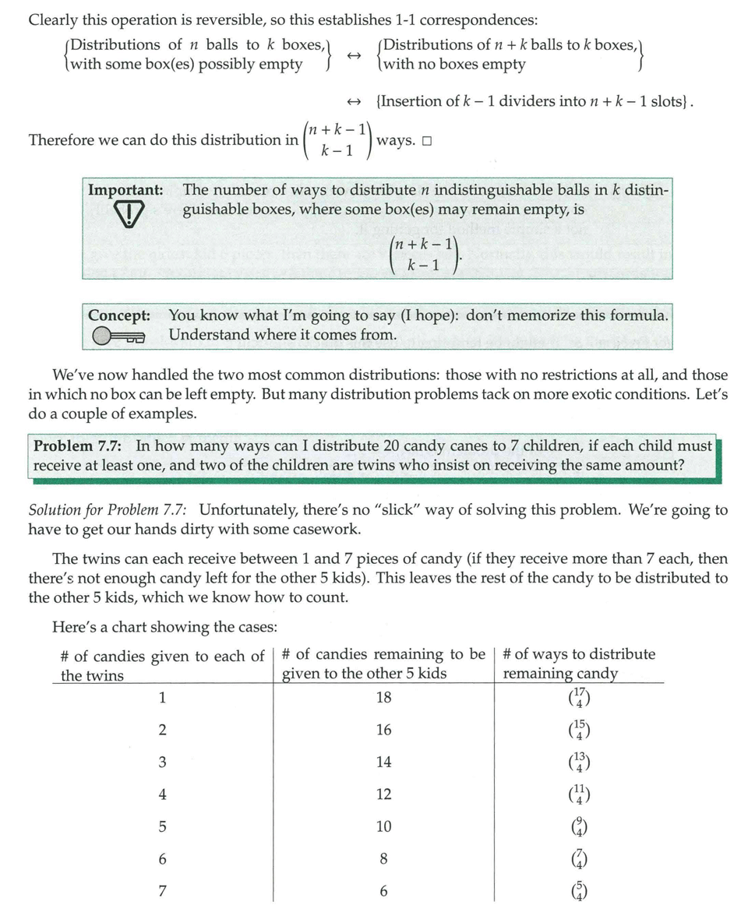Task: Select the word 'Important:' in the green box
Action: [125, 190]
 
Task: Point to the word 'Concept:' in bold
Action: [119, 316]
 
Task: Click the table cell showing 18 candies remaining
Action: [383, 698]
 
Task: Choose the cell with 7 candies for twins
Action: [162, 892]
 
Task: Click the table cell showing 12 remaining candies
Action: [383, 794]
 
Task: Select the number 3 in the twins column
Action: [162, 762]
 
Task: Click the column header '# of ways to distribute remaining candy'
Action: [579, 664]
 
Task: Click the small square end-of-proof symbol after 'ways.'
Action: [426, 141]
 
